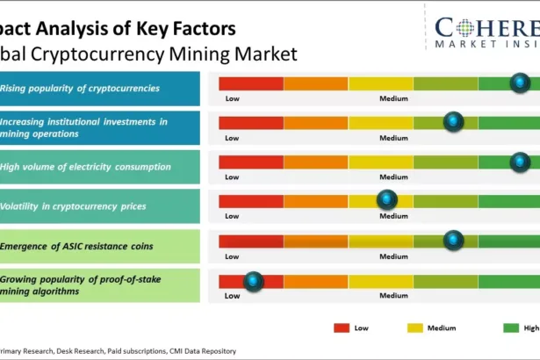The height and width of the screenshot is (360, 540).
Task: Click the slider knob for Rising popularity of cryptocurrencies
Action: pos(520,83)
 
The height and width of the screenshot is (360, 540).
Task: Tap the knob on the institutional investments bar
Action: pos(453,122)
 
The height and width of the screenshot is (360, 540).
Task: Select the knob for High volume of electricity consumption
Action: pos(520,162)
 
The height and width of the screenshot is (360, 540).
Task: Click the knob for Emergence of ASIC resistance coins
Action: pos(453,241)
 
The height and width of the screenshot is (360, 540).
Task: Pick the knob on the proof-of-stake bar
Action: pos(254,281)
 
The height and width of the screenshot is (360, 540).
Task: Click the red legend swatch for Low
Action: pos(342,328)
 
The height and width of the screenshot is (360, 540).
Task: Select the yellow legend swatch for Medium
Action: pos(415,328)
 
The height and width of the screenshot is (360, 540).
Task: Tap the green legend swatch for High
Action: pos(511,328)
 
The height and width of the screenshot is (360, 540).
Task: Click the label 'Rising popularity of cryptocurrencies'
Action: pos(80,88)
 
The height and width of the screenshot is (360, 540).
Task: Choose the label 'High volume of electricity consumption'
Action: pos(86,167)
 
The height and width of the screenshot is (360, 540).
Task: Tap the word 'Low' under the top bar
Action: pos(232,98)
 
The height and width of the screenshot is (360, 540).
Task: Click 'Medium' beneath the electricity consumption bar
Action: pos(393,177)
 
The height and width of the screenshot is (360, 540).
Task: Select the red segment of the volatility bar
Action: pos(251,201)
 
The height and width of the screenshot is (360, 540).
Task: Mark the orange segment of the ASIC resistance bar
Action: pos(316,241)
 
